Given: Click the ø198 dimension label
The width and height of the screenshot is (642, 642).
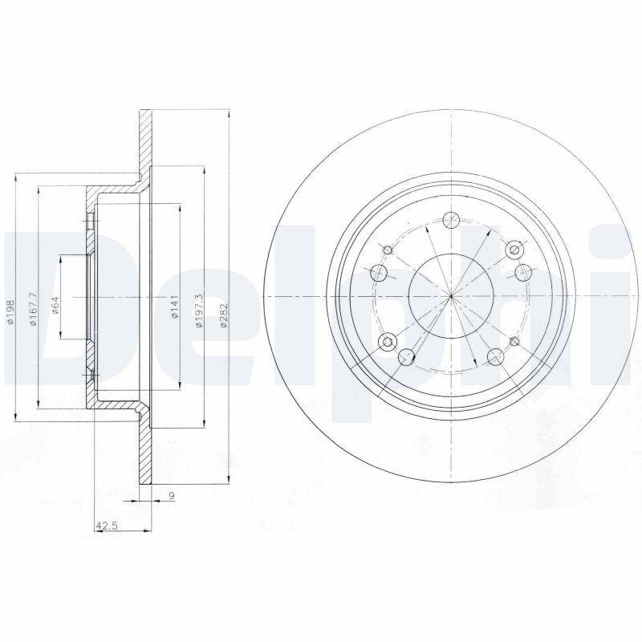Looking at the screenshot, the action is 10,311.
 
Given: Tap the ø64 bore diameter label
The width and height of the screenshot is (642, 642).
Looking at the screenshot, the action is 55,305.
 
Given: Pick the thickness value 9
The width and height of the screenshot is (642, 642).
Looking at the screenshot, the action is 172,496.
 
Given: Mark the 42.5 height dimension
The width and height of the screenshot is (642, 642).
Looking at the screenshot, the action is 107,526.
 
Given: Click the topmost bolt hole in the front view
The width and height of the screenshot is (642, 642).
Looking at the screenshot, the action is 451,219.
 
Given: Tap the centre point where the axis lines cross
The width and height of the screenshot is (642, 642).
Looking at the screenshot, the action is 451,296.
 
